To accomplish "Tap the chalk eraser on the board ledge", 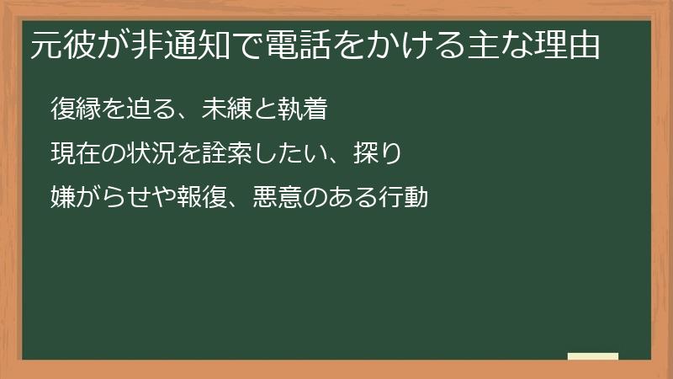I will pyautogui.click(x=593, y=356).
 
